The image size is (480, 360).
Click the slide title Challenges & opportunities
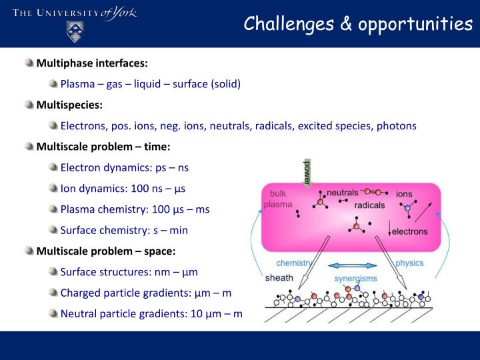pyautogui.click(x=357, y=24)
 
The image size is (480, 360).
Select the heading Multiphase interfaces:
pyautogui.click(x=92, y=63)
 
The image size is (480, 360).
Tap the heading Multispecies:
pyautogui.click(x=69, y=105)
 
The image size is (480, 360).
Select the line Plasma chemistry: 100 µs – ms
pyautogui.click(x=135, y=209)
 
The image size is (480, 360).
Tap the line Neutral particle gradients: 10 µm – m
pyautogui.click(x=151, y=313)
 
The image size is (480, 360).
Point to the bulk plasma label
pyautogui.click(x=277, y=199)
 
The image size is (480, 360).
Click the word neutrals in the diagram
pyautogui.click(x=342, y=193)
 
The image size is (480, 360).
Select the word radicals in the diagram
pyautogui.click(x=369, y=205)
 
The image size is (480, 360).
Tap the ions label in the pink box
pyautogui.click(x=404, y=194)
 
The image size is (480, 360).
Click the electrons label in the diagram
pyautogui.click(x=409, y=231)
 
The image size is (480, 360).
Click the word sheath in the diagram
pyautogui.click(x=279, y=277)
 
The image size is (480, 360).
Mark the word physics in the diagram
pyautogui.click(x=409, y=263)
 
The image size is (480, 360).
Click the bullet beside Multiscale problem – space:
pyautogui.click(x=29, y=251)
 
